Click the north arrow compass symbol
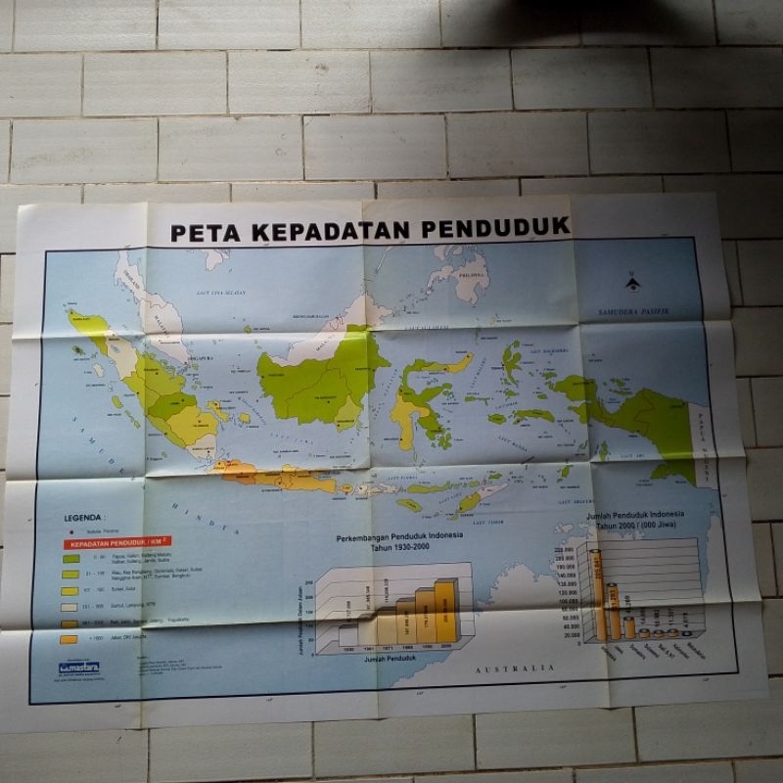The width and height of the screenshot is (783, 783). click(632, 283)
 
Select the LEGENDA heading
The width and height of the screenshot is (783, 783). click(85, 519)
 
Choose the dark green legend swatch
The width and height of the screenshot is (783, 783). click(70, 559)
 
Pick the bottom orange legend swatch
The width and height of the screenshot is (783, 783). click(69, 639)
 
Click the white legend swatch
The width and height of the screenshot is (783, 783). click(70, 607)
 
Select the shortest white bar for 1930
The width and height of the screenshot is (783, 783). click(345, 637)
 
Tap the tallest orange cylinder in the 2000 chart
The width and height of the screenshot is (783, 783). click(594, 592)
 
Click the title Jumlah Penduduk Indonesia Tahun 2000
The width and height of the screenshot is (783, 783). click(637, 519)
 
